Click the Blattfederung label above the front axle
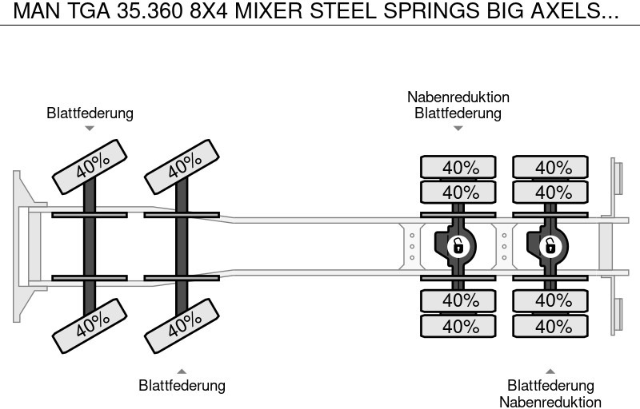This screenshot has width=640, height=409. tap(90, 113)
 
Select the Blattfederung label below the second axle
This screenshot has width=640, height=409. tap(182, 385)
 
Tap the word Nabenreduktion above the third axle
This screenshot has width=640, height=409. tap(458, 97)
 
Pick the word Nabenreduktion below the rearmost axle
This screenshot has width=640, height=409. tap(550, 402)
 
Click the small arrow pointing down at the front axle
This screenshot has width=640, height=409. tap(90, 128)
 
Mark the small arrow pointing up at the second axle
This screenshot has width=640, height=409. tap(182, 371)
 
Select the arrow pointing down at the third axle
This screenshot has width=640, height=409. tap(458, 128)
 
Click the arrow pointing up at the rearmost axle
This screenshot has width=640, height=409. tap(550, 371)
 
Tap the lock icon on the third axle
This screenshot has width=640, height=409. tap(458, 245)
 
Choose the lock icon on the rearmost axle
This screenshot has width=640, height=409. tap(550, 245)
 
